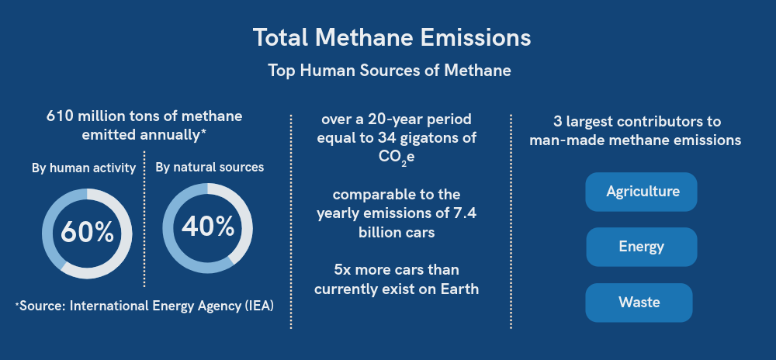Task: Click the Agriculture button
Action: click(641, 192)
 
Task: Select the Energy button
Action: click(642, 247)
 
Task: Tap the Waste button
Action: click(639, 303)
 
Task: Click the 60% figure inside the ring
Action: click(87, 233)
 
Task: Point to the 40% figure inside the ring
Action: click(208, 227)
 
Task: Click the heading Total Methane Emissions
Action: click(391, 37)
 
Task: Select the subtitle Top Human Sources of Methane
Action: click(390, 71)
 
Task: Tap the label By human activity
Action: click(84, 168)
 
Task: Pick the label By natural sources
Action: click(210, 168)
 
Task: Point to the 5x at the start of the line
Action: click(342, 271)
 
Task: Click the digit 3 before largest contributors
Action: click(557, 122)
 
